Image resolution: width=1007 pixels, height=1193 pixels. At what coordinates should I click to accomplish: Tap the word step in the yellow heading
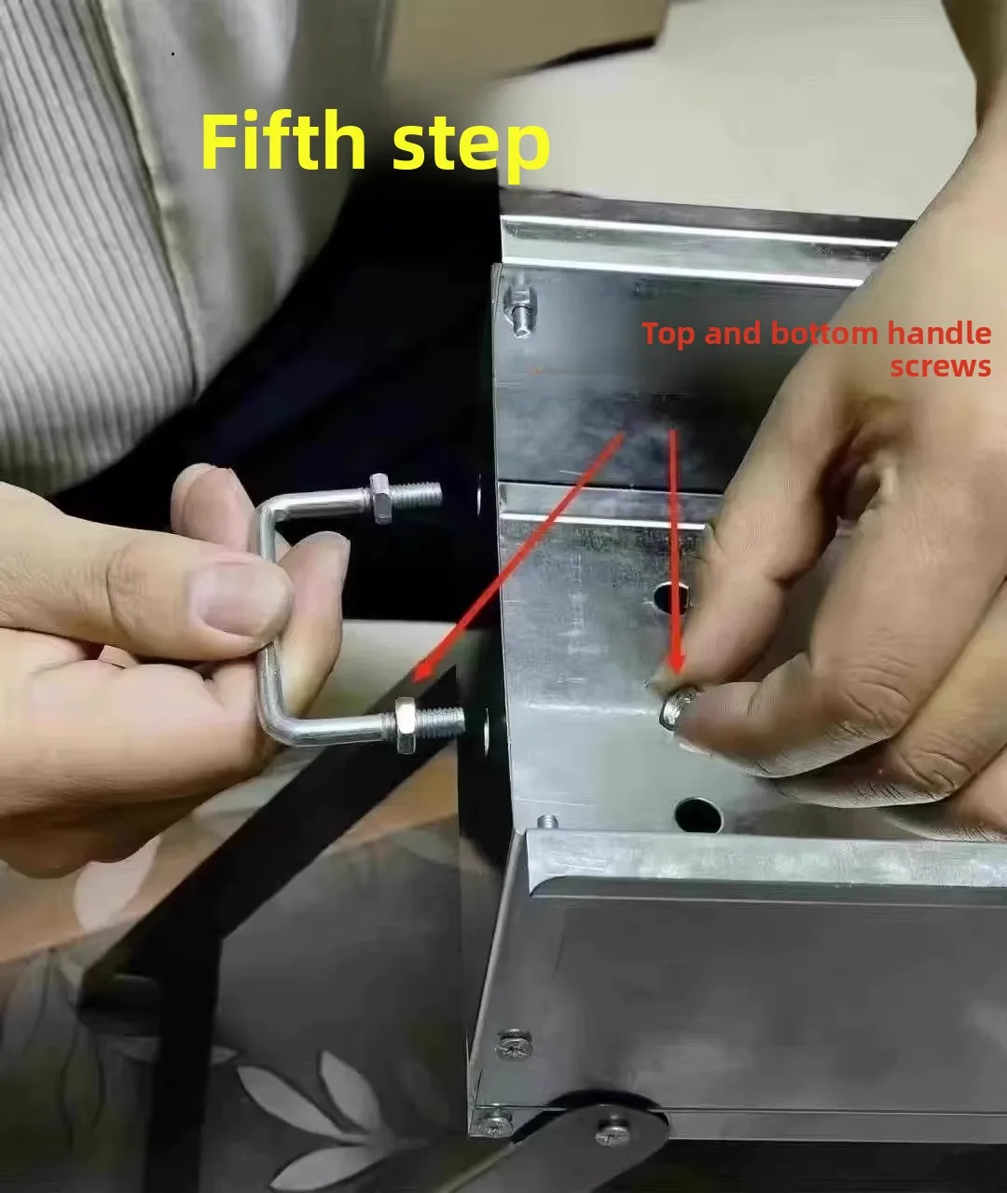point(471,146)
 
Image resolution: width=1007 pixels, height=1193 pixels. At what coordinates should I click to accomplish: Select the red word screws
point(940,366)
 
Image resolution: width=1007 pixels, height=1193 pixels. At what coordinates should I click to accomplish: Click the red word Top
point(669,335)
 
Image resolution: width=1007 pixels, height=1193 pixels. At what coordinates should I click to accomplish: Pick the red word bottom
point(824,333)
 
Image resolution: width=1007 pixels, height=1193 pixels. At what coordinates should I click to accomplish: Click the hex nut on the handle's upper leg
point(381,499)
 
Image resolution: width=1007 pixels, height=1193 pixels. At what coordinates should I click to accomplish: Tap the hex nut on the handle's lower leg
point(406,726)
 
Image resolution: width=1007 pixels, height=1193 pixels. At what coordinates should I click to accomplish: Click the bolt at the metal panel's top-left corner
point(520,312)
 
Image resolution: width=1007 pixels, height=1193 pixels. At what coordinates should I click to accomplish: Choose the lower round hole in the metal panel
point(698,815)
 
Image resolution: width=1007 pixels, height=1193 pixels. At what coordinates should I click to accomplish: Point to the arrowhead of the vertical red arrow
point(677,663)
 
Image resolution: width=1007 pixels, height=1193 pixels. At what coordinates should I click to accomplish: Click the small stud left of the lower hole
point(548,822)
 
